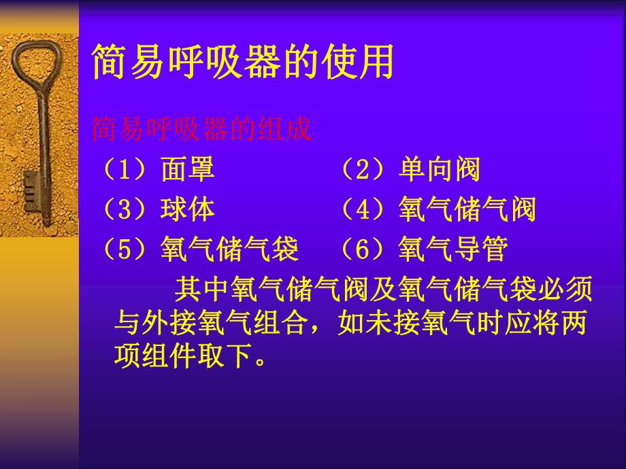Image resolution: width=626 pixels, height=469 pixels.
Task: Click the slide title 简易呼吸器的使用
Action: pos(243,63)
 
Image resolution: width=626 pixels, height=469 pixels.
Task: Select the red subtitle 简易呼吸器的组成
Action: pos(201,128)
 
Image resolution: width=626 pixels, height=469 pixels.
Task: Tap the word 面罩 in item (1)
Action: pos(188,169)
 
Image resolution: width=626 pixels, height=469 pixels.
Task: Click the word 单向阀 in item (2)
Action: pos(440,169)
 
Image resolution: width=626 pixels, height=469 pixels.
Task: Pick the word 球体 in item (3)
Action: pos(188,210)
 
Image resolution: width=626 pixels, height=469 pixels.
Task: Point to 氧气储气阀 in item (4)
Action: pos(467,210)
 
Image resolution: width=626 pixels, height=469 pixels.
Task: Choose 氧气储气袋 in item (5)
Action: pos(230,250)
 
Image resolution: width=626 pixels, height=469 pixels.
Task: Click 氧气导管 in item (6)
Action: pos(453,250)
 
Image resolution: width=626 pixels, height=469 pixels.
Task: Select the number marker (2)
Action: pos(362,169)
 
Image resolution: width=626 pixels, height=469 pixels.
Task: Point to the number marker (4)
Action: pos(362,210)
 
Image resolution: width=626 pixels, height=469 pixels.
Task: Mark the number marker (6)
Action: pos(362,250)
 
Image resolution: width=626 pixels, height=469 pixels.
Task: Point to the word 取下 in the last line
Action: pos(229,355)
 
